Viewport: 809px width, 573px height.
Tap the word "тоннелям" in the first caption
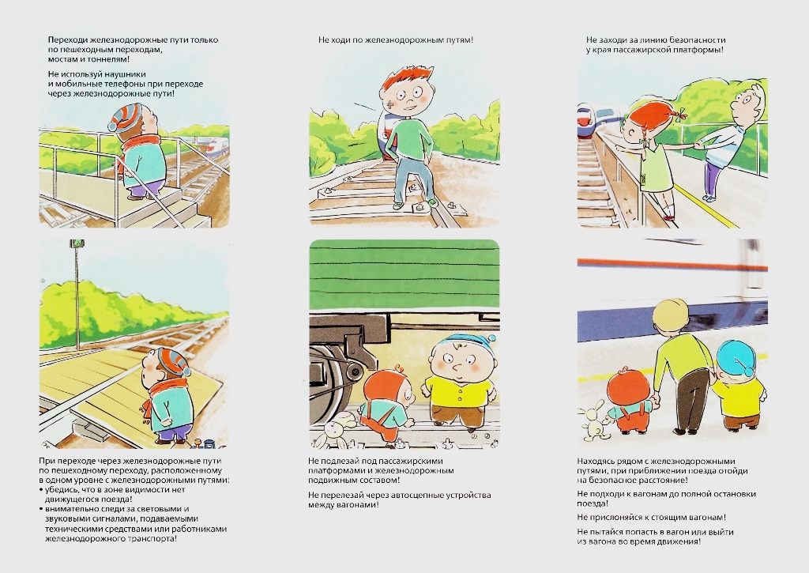104,59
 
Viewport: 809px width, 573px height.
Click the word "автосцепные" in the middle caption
403,495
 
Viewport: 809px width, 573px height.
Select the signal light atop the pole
76,243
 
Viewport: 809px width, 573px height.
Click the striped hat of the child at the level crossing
173,361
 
